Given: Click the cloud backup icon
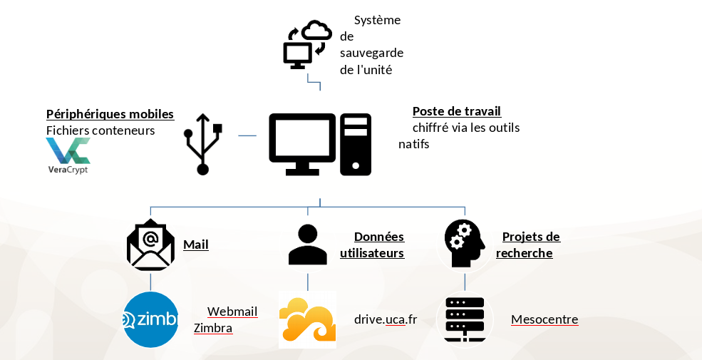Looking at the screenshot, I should click(307, 45).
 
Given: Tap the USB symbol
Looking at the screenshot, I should click(203, 144).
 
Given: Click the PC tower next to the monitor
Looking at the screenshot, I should click(356, 144).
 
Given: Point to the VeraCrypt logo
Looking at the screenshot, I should click(68, 155).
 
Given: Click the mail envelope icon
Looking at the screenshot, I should click(150, 246).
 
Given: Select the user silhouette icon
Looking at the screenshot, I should click(308, 245).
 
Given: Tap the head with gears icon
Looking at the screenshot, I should click(465, 244).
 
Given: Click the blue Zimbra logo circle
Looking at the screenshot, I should click(150, 319).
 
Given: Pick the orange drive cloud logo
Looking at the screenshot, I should click(307, 320).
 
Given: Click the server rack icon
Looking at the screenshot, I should click(465, 319).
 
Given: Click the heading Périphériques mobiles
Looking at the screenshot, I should click(110, 114).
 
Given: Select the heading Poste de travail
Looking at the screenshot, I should click(457, 111).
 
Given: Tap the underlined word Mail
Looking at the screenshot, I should click(196, 245).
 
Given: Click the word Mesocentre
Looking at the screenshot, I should click(544, 319).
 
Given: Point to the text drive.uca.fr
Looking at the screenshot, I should click(386, 319).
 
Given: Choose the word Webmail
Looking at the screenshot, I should click(232, 312).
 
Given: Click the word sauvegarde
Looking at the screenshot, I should click(372, 53).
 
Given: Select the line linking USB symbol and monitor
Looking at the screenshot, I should click(247, 135).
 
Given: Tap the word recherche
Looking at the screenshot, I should click(525, 253).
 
